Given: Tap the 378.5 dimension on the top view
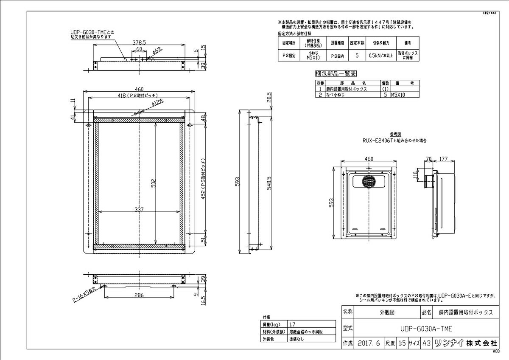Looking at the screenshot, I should [139, 42].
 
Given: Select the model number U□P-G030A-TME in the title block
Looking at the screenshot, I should [425, 328].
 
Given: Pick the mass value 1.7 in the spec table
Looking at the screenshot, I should [293, 323].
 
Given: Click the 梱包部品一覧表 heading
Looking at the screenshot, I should [334, 73].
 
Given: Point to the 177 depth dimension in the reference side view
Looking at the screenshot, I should [444, 159].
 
